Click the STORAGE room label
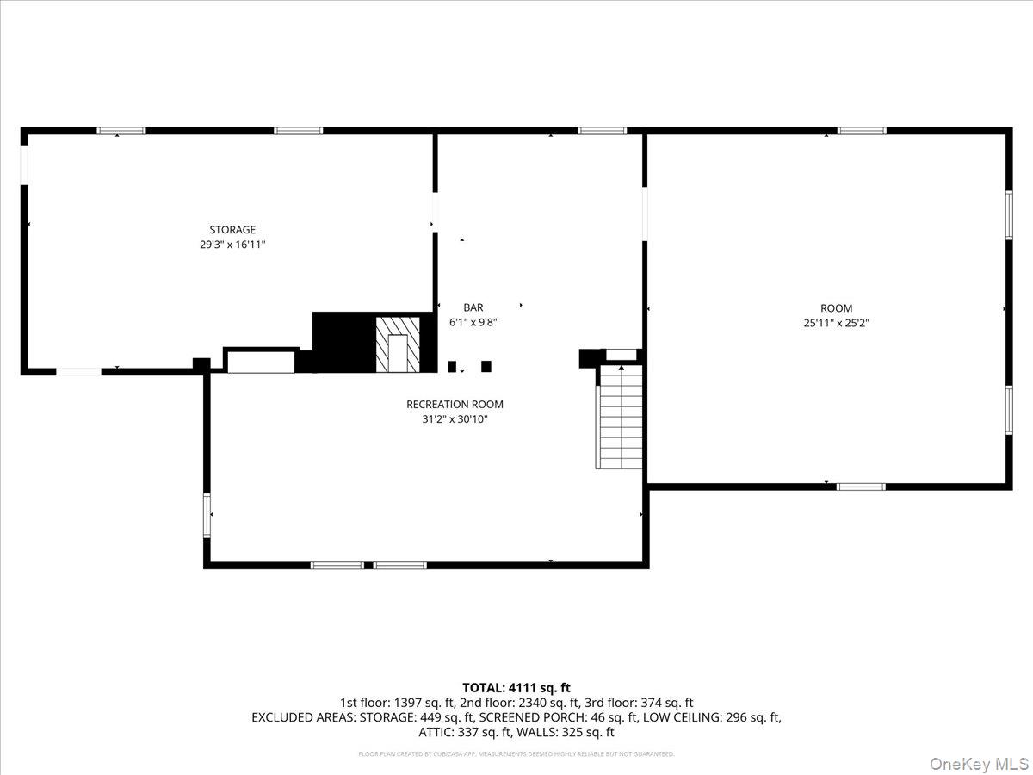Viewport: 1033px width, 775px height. (x=232, y=230)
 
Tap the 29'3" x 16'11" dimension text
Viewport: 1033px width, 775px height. (x=232, y=245)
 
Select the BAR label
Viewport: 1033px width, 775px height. (x=473, y=307)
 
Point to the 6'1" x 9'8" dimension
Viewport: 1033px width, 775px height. (x=473, y=322)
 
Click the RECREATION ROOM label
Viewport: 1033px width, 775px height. (x=455, y=404)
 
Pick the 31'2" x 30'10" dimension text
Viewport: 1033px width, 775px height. (x=455, y=419)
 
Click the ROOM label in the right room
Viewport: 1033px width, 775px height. (x=836, y=308)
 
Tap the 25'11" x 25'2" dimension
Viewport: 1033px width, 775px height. (x=836, y=324)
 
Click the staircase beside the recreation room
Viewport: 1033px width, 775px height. (x=620, y=418)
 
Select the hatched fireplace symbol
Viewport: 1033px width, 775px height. (x=398, y=344)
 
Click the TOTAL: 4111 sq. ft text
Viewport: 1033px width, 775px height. (x=516, y=687)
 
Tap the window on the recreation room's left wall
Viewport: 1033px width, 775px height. (x=207, y=515)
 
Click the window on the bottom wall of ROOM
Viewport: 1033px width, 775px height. (x=861, y=487)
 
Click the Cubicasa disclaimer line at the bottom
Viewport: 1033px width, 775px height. (x=516, y=754)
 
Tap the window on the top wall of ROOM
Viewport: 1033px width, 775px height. (x=862, y=131)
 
